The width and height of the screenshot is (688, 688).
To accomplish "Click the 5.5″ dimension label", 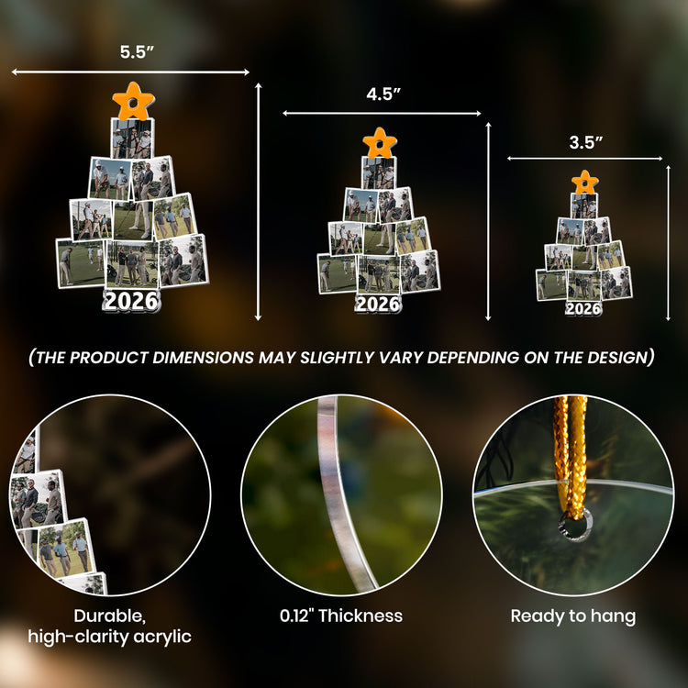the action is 137,51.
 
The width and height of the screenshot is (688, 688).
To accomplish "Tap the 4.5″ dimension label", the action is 383,94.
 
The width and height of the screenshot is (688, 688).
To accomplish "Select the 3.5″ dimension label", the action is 586,142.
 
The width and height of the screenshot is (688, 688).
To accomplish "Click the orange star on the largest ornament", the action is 133,101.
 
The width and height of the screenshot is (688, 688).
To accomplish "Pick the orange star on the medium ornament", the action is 380,143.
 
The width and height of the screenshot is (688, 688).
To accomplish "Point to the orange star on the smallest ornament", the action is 585,183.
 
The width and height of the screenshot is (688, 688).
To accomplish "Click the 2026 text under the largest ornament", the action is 131,302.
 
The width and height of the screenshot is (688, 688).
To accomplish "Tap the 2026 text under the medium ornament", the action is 378,304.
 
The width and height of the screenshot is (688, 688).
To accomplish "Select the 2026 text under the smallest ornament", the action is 583,308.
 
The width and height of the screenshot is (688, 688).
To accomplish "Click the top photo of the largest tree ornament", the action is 132,139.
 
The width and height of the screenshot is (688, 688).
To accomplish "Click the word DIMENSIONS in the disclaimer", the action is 203,358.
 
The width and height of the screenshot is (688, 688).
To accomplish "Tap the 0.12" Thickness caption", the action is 341,616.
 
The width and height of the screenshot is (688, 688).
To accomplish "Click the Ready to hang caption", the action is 573,616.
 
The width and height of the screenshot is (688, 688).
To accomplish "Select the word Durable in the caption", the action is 109,616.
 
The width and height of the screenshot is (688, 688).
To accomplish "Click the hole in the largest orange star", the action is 132,104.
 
